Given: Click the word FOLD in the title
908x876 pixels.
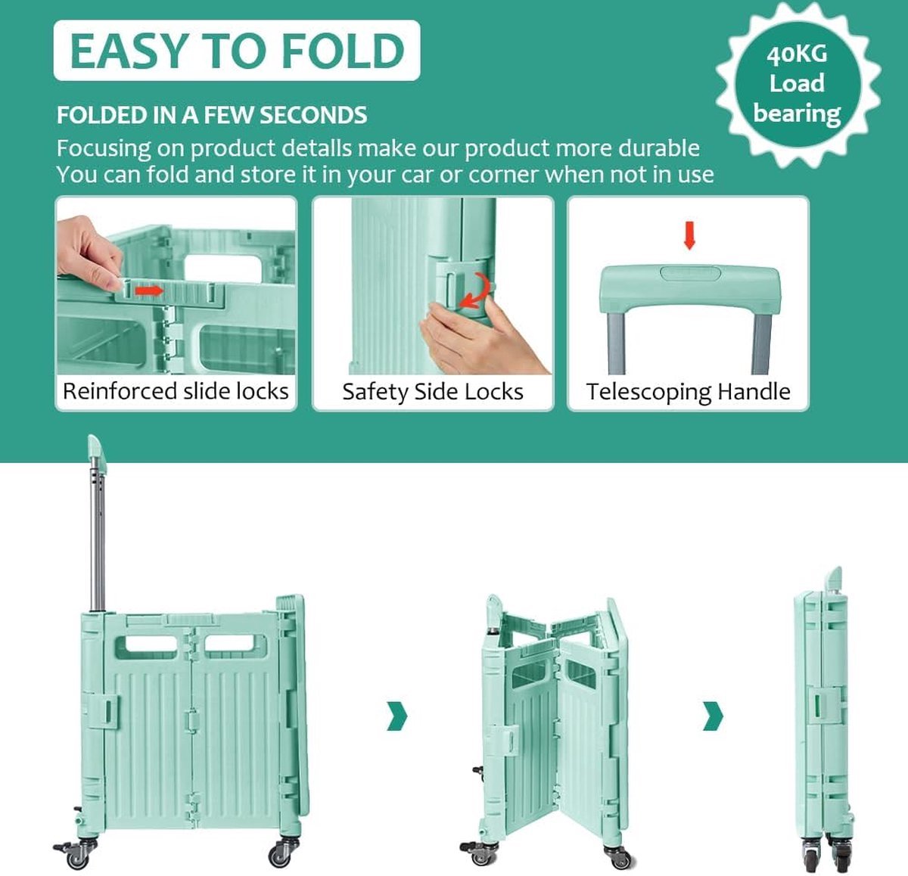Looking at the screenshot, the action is (x=343, y=51).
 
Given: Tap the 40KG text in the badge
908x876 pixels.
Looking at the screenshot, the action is (x=797, y=54).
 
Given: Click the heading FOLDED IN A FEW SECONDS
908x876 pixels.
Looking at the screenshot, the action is (x=212, y=115).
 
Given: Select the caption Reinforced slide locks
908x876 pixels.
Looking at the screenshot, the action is (x=176, y=391).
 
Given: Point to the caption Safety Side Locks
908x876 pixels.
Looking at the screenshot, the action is (x=433, y=391).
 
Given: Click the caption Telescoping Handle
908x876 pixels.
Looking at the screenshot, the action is (x=689, y=391).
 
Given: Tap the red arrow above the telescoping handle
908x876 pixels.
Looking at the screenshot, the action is (x=689, y=235).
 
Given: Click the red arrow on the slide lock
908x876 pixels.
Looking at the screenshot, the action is (x=149, y=291).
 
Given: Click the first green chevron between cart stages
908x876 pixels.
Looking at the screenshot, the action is (x=397, y=716).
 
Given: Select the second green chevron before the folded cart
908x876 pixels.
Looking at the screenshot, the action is (x=713, y=716).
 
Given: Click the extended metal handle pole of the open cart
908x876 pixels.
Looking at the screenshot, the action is (x=97, y=534).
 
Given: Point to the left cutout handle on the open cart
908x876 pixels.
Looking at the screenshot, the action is (x=145, y=648).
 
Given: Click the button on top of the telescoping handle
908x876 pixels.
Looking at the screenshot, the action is (x=689, y=273).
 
